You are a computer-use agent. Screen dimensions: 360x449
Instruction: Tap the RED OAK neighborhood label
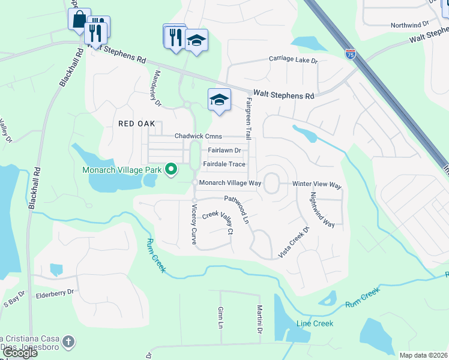click(x=136, y=124)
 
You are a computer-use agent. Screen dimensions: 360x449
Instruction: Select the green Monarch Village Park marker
click(x=170, y=169)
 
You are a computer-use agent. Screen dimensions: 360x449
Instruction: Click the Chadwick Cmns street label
click(x=198, y=137)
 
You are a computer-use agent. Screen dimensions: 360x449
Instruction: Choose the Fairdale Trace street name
click(x=224, y=164)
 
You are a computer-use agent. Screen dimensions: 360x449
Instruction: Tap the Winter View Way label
click(x=316, y=185)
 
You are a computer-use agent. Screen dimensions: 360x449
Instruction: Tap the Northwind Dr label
click(x=410, y=25)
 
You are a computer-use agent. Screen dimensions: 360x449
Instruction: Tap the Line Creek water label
click(x=315, y=323)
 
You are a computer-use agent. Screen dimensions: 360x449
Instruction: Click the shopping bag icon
click(x=79, y=19)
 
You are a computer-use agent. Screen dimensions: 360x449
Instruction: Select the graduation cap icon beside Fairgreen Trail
click(x=219, y=100)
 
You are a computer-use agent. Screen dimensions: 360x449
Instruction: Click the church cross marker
click(x=69, y=342)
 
